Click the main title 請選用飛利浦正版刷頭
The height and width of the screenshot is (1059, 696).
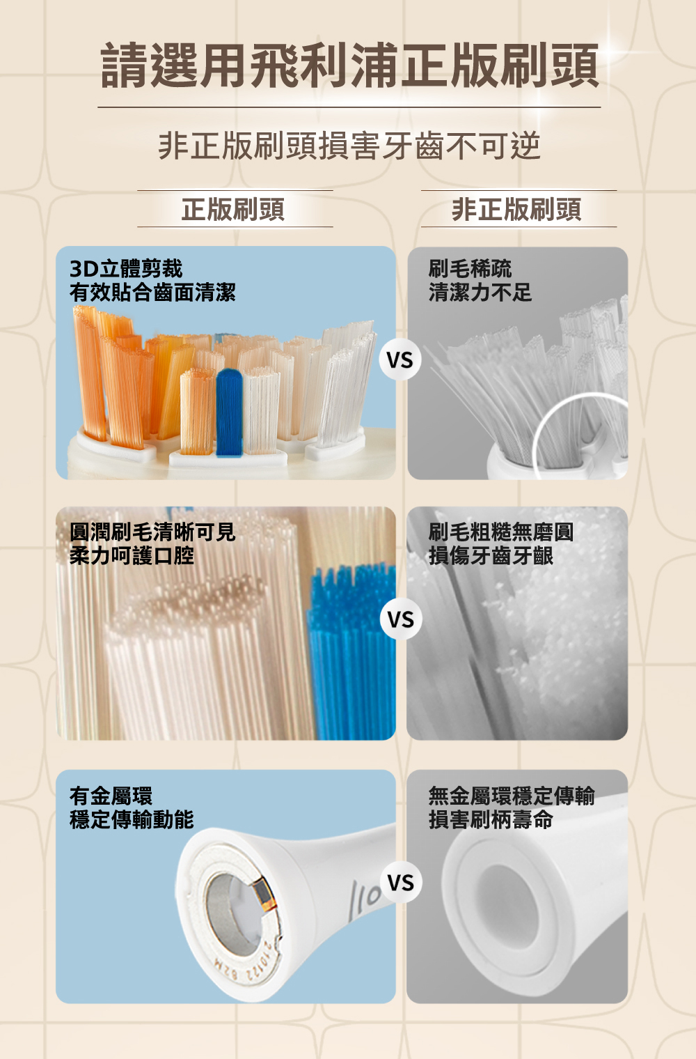(349, 65)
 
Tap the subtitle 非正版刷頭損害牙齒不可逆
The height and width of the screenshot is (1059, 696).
(349, 146)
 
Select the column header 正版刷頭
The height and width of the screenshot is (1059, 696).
(233, 209)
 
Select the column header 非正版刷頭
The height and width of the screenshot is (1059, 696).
(516, 209)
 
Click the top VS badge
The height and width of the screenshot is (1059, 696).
(400, 360)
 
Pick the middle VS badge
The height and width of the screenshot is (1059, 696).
(401, 619)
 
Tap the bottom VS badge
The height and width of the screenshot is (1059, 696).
(401, 882)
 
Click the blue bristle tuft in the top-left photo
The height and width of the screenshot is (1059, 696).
(230, 412)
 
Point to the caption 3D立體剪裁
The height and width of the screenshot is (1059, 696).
(126, 268)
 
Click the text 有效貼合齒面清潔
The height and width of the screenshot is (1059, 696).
(152, 292)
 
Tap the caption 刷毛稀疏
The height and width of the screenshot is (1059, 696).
(470, 268)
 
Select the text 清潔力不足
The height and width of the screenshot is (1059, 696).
(480, 292)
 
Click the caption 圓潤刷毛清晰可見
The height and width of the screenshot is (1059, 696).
(152, 532)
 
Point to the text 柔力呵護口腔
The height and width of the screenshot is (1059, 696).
(132, 555)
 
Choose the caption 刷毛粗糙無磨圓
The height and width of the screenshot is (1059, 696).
(501, 532)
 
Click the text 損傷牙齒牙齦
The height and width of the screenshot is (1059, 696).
(491, 555)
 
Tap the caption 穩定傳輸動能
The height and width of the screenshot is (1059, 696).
(132, 819)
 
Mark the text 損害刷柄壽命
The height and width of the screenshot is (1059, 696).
(491, 819)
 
